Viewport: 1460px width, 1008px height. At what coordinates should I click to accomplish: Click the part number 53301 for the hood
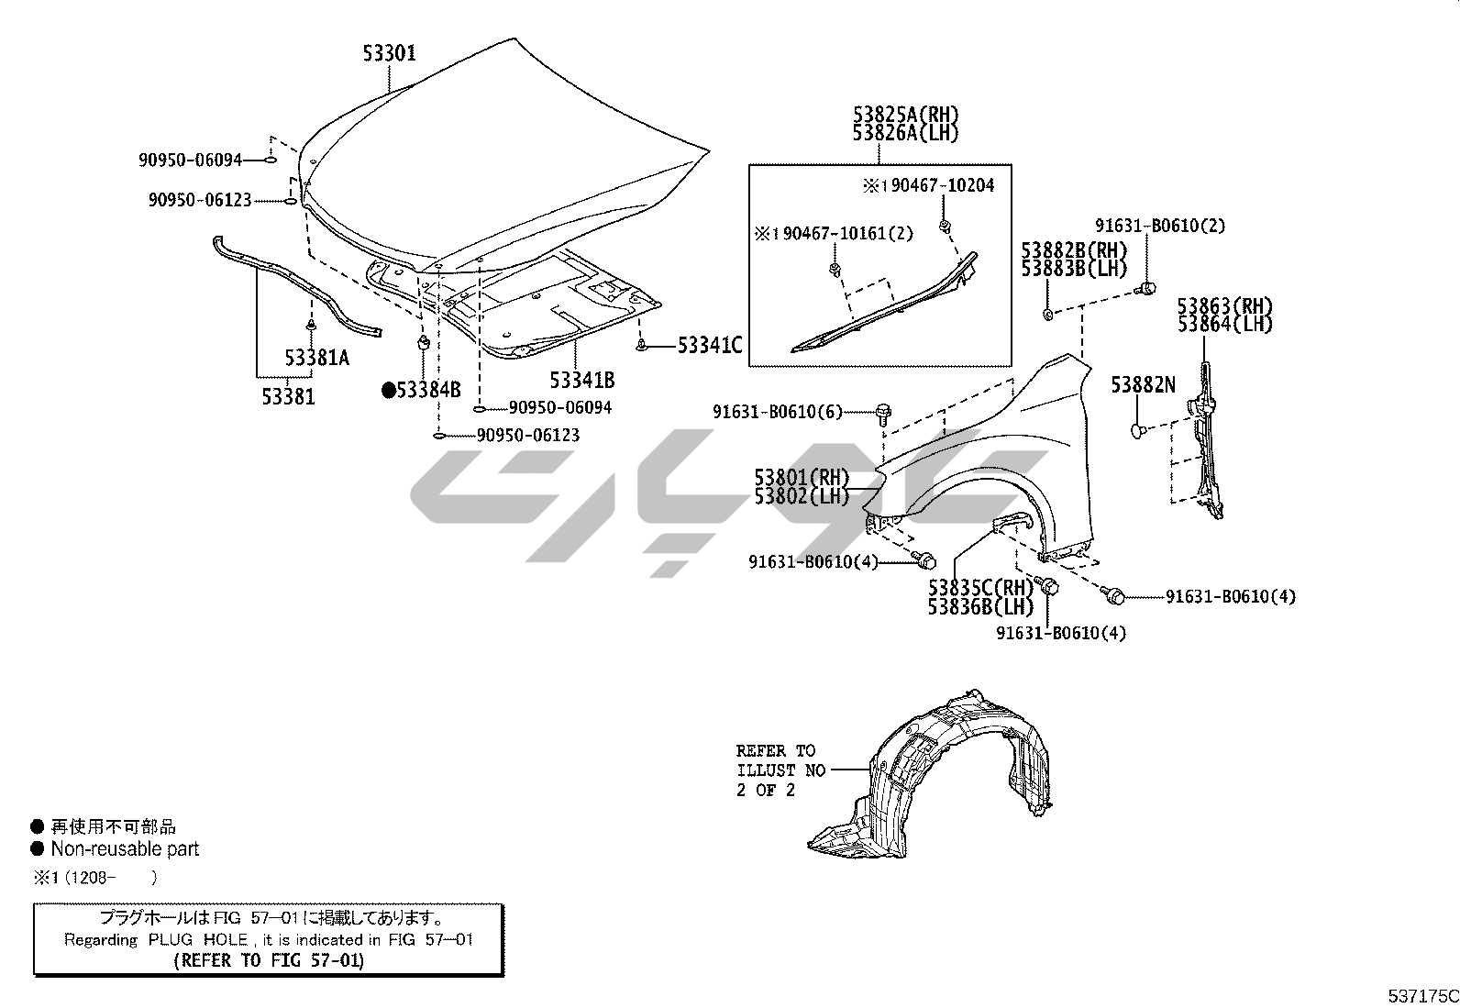pyautogui.click(x=389, y=53)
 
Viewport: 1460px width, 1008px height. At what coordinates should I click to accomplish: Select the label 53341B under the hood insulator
pyautogui.click(x=581, y=380)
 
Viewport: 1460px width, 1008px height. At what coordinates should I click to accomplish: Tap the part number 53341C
pyautogui.click(x=709, y=346)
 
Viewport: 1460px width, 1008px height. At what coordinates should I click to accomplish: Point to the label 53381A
pyautogui.click(x=316, y=358)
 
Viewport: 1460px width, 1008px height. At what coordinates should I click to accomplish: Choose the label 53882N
pyautogui.click(x=1143, y=385)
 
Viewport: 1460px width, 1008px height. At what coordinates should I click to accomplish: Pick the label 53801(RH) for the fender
pyautogui.click(x=802, y=478)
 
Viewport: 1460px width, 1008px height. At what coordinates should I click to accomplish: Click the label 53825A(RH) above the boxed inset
pyautogui.click(x=905, y=116)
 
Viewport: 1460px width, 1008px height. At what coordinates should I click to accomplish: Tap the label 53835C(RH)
pyautogui.click(x=980, y=588)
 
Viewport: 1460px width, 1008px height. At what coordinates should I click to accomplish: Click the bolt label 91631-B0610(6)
pyautogui.click(x=778, y=413)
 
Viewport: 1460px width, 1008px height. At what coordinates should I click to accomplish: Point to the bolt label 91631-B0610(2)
pyautogui.click(x=1160, y=226)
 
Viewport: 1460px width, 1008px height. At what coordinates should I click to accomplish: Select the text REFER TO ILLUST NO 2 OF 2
pyautogui.click(x=780, y=770)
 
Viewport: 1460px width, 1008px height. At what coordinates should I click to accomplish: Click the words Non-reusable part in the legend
pyautogui.click(x=125, y=849)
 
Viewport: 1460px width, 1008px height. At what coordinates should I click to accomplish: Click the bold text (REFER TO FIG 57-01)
pyautogui.click(x=269, y=960)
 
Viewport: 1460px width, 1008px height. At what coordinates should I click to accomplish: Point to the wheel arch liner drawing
pyautogui.click(x=935, y=770)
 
